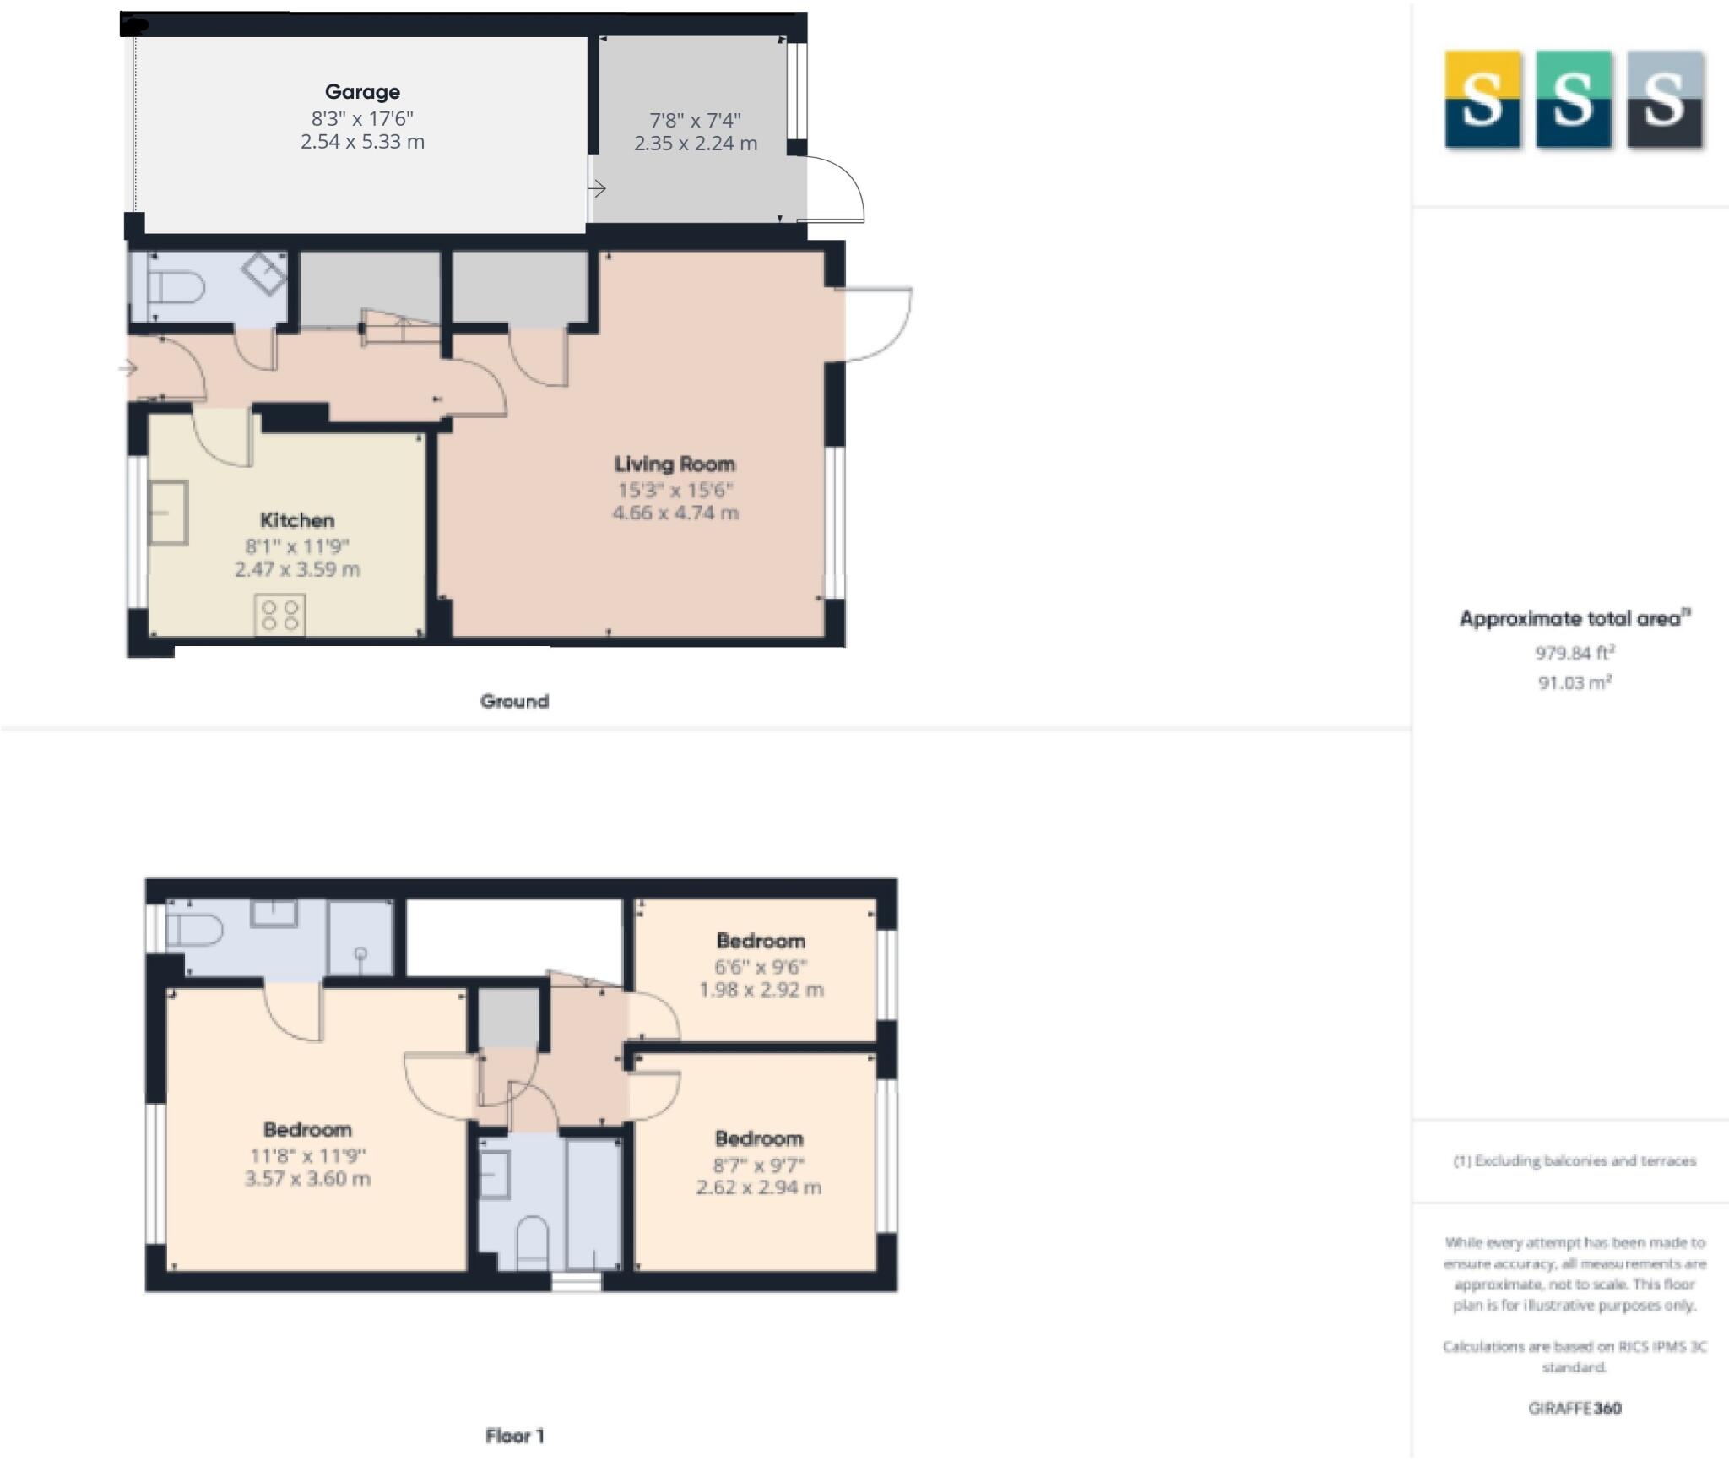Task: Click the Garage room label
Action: (x=362, y=92)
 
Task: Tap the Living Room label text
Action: (x=675, y=464)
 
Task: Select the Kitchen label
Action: (x=296, y=520)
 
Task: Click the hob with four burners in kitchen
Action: (x=280, y=614)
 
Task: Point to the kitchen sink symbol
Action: (x=168, y=513)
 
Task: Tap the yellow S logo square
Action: (x=1482, y=100)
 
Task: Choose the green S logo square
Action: (x=1573, y=100)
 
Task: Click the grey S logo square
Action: (x=1664, y=100)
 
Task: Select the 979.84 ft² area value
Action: (x=1575, y=653)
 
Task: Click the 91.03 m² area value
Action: (x=1575, y=682)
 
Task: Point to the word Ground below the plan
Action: (x=514, y=701)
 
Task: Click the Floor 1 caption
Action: (x=514, y=1436)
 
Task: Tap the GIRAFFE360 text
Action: (x=1575, y=1408)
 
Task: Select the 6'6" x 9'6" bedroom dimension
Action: (x=761, y=967)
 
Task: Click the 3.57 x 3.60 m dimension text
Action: (x=307, y=1179)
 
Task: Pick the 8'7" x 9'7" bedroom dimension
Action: (x=759, y=1165)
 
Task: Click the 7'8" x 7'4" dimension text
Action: (x=695, y=121)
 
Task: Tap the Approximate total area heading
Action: (x=1575, y=619)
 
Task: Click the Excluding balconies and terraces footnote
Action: (x=1575, y=1161)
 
